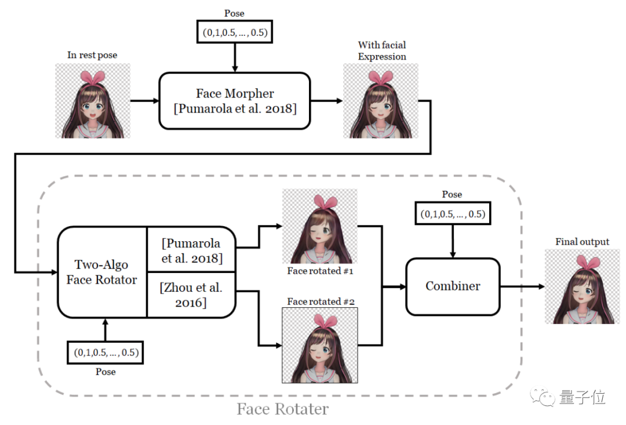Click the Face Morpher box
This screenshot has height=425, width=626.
(235, 100)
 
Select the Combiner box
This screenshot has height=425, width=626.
(453, 286)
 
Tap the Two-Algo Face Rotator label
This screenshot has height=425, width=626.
(102, 272)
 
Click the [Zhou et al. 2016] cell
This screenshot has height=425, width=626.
(192, 295)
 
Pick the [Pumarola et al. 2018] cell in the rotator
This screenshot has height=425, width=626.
(192, 250)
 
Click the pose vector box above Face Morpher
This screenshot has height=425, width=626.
(235, 32)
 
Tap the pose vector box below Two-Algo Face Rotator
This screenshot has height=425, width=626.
(105, 352)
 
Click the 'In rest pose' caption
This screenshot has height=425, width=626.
(92, 55)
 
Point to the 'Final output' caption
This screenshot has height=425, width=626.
(582, 241)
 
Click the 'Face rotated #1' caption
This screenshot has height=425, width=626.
(320, 271)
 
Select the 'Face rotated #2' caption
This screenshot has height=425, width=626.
(320, 302)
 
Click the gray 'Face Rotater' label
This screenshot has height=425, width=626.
(282, 409)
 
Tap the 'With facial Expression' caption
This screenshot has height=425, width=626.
(381, 50)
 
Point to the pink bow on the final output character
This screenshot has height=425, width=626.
(581, 262)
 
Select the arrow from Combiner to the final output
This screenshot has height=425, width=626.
(522, 286)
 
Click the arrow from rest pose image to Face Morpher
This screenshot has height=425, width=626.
(144, 100)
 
